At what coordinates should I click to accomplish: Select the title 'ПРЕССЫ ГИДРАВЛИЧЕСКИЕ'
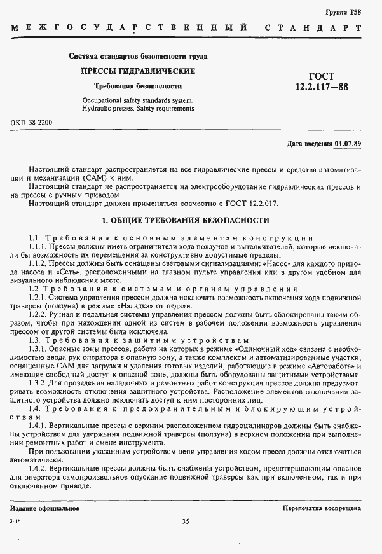138,71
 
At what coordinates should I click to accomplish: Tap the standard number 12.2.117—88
321,87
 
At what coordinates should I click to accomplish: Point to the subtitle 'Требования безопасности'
138,85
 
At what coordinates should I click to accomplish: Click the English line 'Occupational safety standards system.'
137,100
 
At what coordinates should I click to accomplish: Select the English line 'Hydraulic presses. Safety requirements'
138,109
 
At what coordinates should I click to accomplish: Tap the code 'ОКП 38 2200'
31,122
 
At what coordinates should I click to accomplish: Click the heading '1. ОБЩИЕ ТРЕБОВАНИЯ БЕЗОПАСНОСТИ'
186,221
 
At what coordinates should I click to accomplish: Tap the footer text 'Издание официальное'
44,508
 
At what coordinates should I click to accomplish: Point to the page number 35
186,522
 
